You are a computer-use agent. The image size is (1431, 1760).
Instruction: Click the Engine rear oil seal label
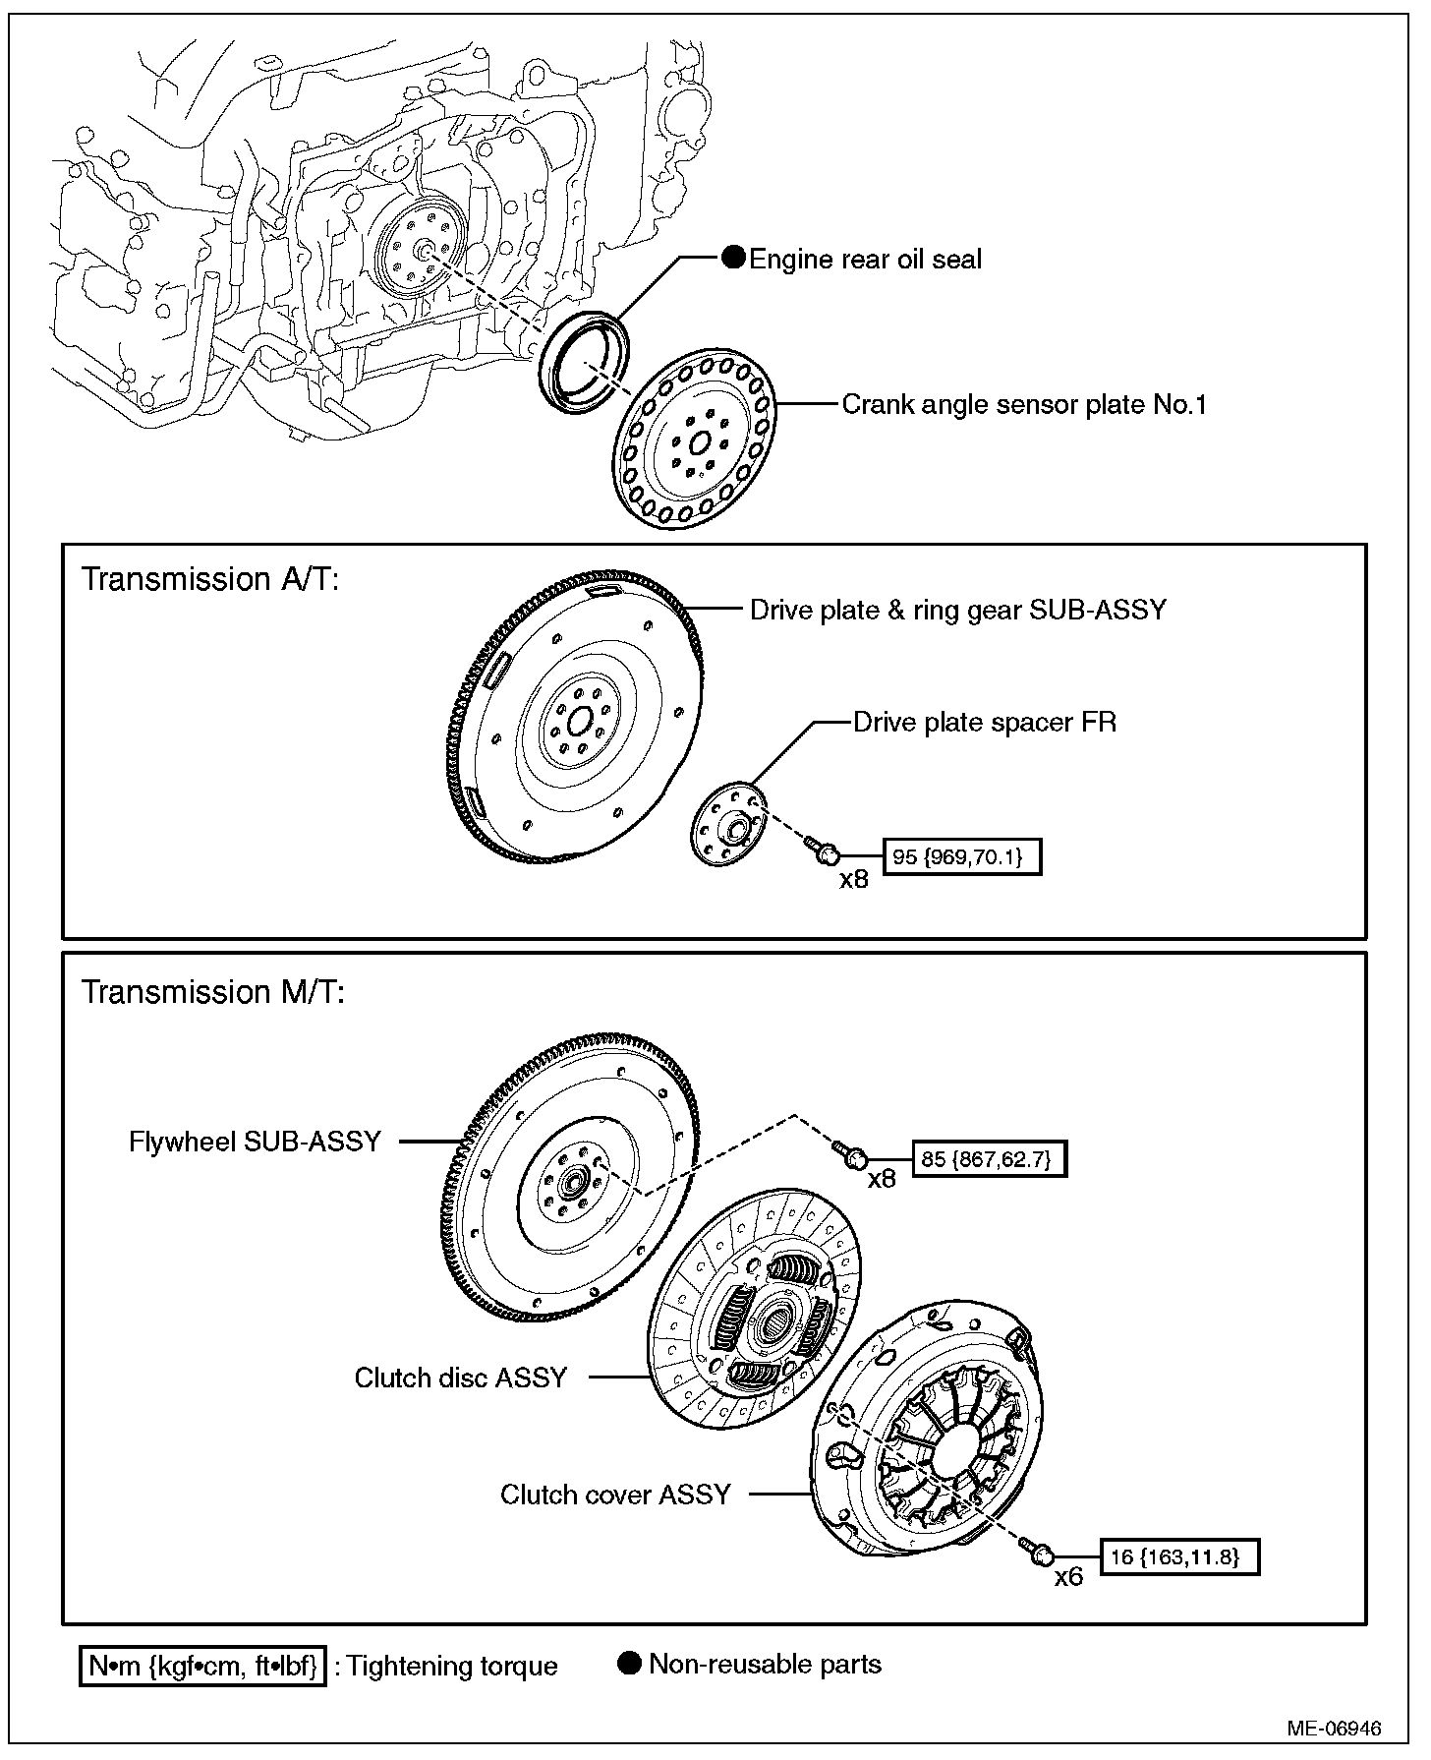pos(865,260)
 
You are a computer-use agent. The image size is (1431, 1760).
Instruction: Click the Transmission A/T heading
pos(209,579)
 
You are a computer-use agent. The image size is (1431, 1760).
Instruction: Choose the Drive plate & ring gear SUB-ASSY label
pos(958,610)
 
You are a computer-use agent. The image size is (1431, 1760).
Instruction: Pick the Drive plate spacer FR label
pos(985,723)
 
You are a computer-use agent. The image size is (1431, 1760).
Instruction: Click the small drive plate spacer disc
pos(726,824)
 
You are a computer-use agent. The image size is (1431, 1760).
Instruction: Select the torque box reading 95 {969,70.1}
pos(962,856)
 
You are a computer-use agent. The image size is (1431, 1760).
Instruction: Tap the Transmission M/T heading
pos(212,992)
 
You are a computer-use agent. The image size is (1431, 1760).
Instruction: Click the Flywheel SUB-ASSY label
pos(255,1142)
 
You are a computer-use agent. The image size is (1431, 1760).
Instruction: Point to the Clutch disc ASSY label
pos(461,1378)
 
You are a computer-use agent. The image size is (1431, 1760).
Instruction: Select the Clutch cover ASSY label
pos(615,1495)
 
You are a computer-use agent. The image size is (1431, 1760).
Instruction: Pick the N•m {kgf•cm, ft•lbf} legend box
pos(202,1666)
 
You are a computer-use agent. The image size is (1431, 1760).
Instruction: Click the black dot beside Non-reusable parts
pos(630,1663)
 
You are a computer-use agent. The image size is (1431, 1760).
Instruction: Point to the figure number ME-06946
pos(1337,1728)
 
